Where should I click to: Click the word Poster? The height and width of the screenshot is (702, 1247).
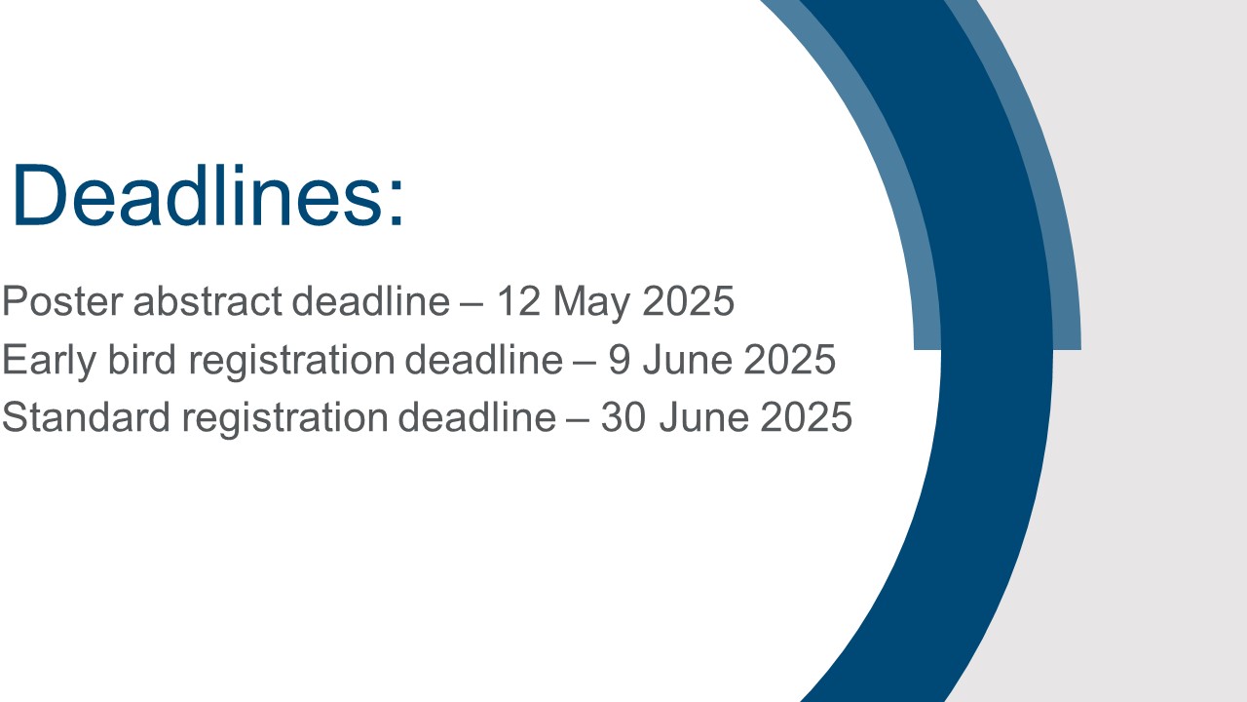61,301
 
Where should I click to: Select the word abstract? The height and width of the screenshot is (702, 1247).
208,301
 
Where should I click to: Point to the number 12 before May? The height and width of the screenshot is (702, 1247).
518,301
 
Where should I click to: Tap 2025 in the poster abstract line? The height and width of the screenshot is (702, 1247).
688,301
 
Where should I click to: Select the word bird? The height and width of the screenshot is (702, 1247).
141,360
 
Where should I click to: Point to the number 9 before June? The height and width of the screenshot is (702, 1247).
619,360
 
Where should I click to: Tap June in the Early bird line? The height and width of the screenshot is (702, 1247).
687,360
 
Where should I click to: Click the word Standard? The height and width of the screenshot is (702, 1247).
86,417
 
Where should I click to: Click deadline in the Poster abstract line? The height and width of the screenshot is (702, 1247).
371,301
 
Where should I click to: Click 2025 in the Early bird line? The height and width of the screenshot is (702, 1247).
789,360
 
